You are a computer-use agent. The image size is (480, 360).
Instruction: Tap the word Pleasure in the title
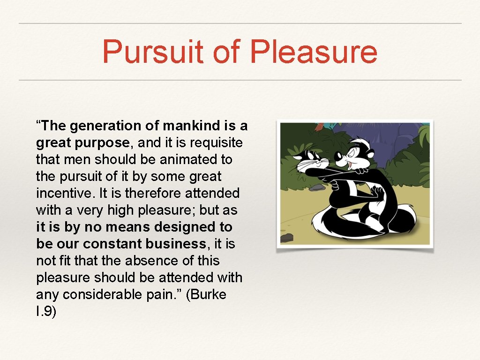(314, 52)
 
